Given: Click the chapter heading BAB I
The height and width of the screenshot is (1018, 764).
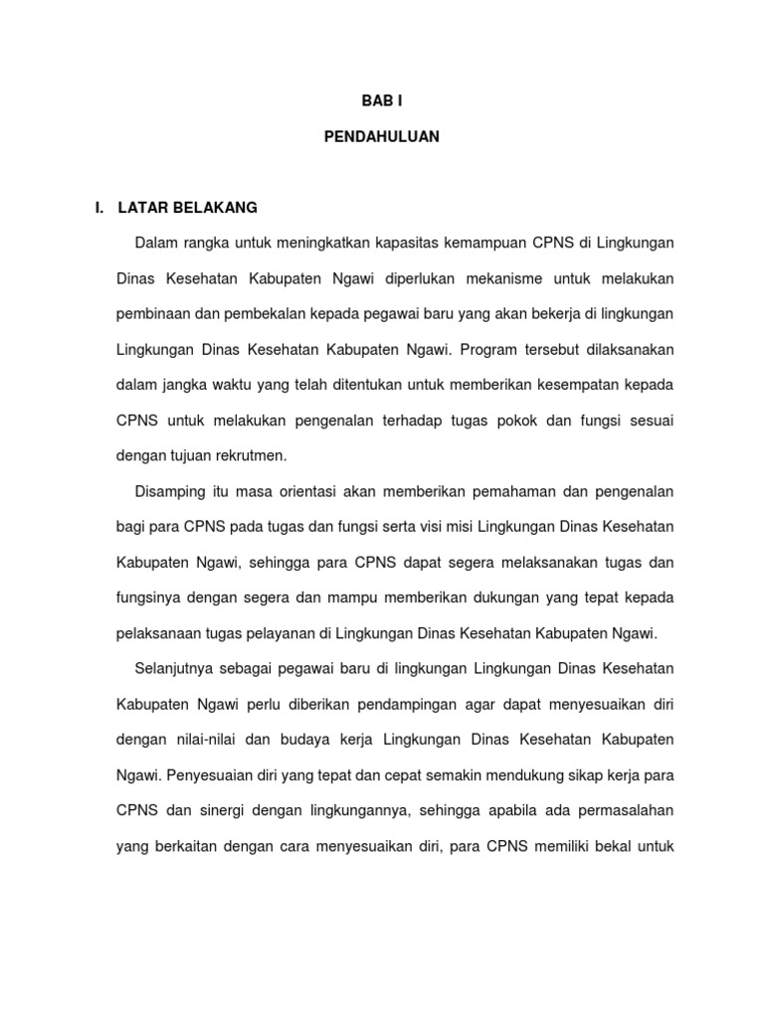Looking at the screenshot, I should click(x=381, y=101).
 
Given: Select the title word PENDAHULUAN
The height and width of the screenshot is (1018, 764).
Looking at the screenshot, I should click(x=381, y=138).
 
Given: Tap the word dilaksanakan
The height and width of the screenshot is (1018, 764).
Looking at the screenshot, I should click(x=624, y=350).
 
